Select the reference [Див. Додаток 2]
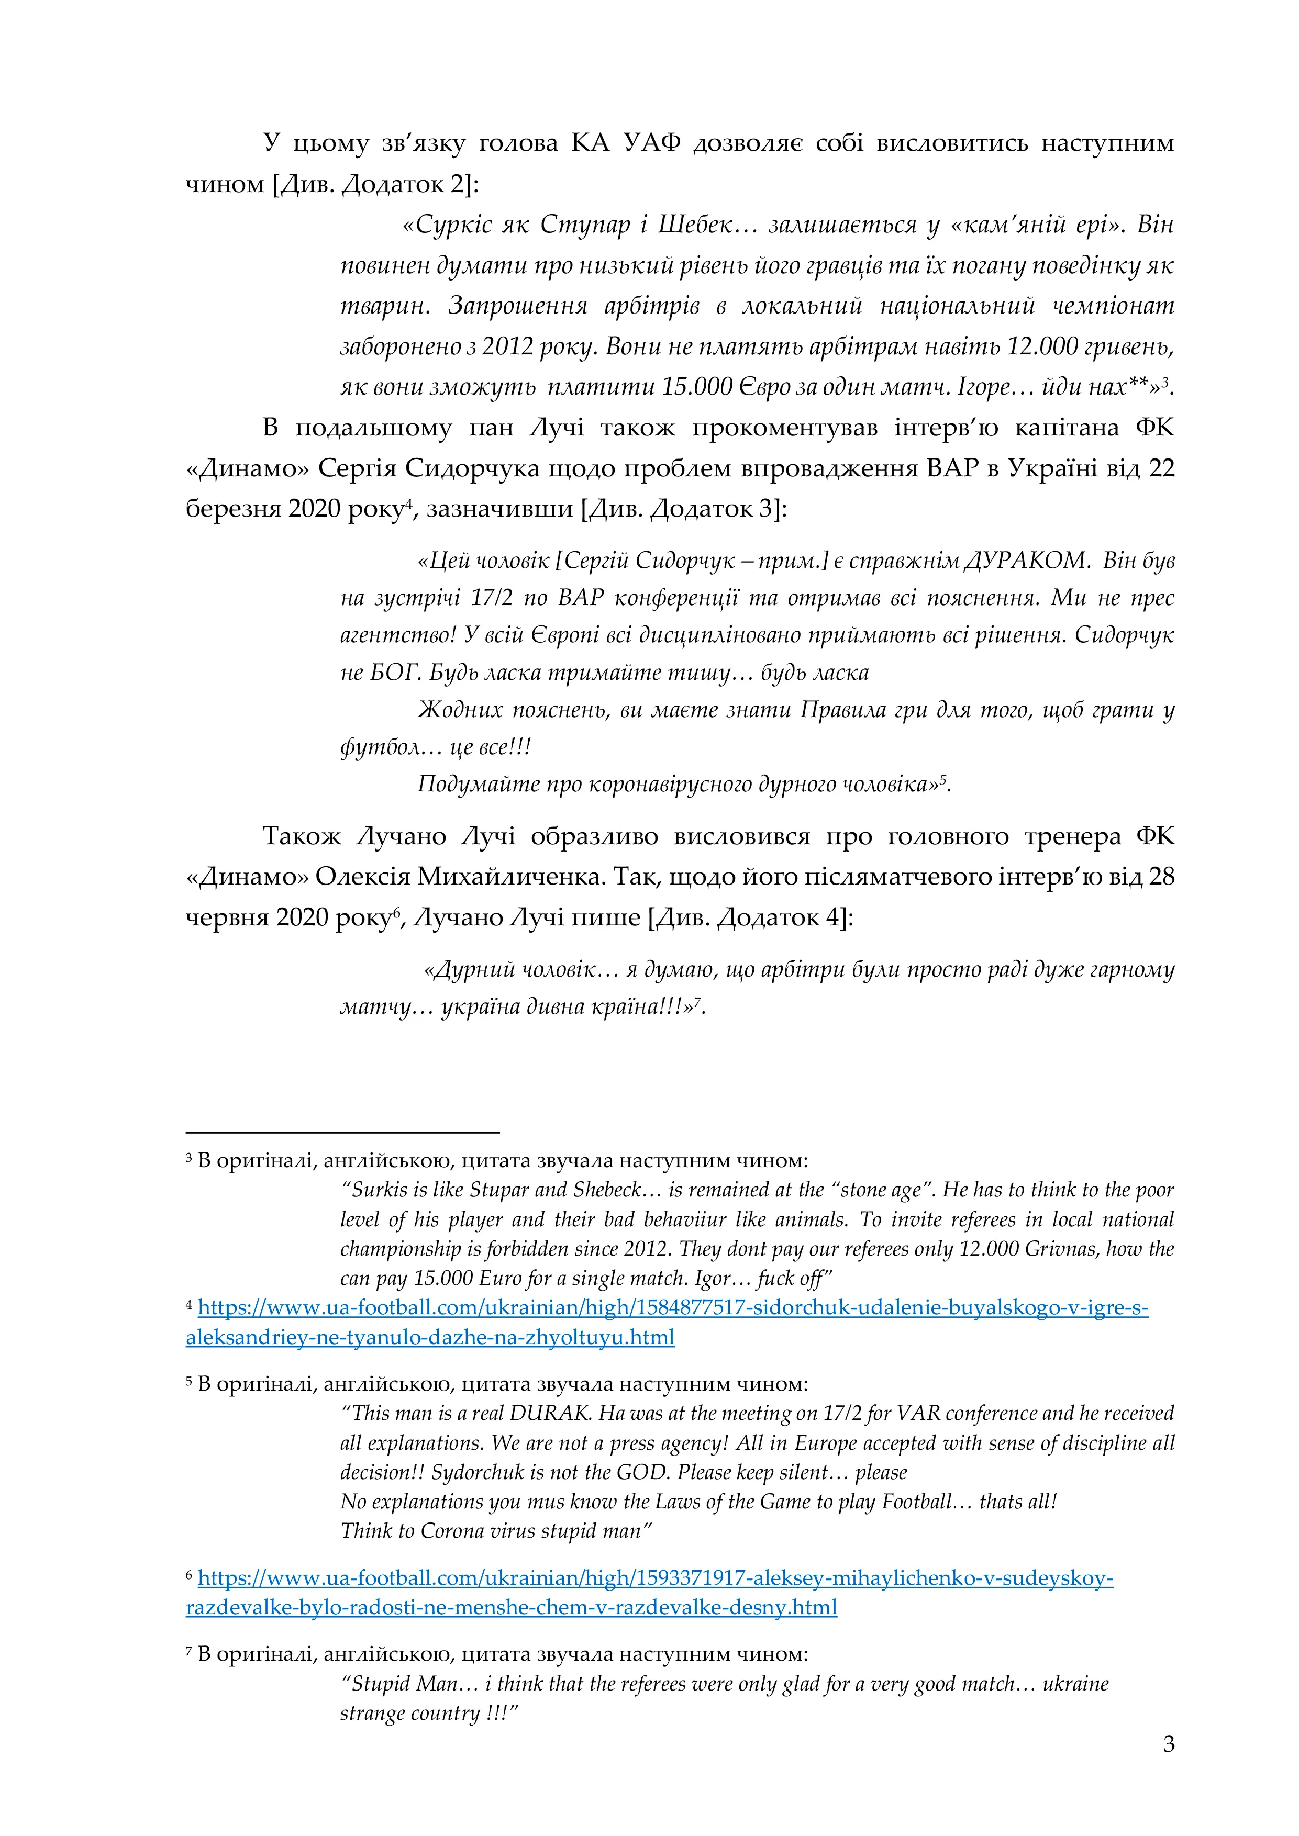tap(376, 184)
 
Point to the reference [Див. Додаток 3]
tap(684, 509)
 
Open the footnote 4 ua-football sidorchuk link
tap(672, 1308)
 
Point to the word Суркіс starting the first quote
tap(455, 225)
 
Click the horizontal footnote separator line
tap(342, 1132)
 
